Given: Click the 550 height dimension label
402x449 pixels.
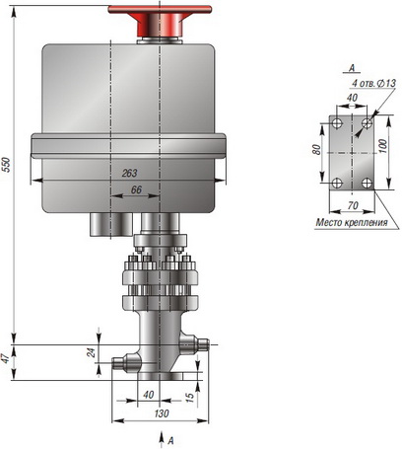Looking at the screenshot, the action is tap(7, 165).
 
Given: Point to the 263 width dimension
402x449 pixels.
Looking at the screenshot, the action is tap(129, 173).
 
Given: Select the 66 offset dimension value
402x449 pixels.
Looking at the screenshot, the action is tap(136, 189).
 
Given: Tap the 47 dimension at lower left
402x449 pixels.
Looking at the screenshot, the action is tap(6, 359).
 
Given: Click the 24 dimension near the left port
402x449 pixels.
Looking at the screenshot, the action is tap(92, 352).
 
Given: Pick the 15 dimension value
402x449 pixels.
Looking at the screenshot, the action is tap(190, 397).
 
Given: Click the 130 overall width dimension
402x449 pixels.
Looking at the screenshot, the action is tap(162, 413).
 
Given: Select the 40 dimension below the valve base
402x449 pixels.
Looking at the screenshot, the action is tap(149, 395).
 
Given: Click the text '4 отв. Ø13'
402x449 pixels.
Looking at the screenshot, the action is tap(373, 83).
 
